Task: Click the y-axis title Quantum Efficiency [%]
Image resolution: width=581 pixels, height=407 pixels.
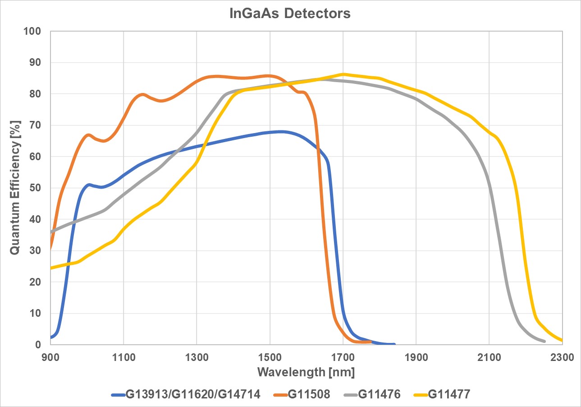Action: click(x=14, y=188)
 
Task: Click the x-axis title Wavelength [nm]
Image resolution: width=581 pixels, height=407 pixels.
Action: click(x=306, y=372)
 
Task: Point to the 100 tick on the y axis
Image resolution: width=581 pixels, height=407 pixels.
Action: click(x=33, y=32)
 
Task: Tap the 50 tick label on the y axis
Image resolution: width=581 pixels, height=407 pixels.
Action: click(x=36, y=188)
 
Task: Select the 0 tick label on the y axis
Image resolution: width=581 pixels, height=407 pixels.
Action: click(x=38, y=345)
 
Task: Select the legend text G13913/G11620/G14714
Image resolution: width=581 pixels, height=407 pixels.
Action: click(x=192, y=394)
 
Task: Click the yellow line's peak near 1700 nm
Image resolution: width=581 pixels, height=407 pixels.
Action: click(x=343, y=74)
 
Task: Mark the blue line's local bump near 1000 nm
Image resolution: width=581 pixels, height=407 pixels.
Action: click(x=89, y=185)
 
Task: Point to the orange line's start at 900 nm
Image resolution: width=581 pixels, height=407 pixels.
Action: click(x=50, y=249)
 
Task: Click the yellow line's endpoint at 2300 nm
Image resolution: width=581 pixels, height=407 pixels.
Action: click(x=562, y=340)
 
